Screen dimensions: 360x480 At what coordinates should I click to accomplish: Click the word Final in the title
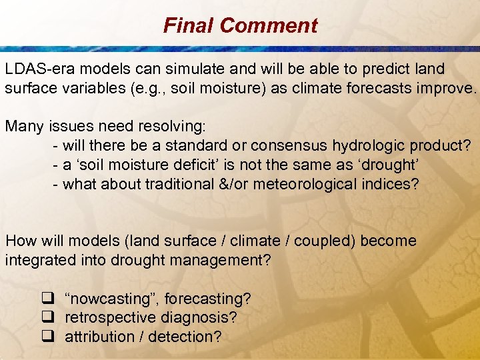[x=189, y=26]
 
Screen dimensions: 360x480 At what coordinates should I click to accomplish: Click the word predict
[x=393, y=69]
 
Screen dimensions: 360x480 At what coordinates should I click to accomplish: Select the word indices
[x=394, y=183]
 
